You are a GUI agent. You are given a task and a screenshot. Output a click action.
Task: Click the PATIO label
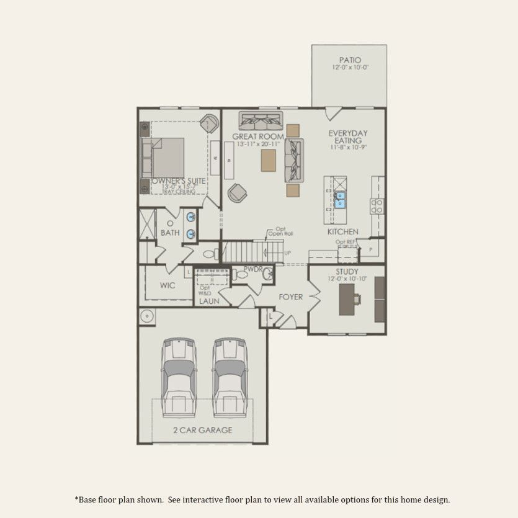coord(350,60)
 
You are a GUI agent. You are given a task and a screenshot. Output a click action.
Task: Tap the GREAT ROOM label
coord(258,136)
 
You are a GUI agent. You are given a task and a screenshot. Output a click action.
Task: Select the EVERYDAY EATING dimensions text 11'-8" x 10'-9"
coord(348,148)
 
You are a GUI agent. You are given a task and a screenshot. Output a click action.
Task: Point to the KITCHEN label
coord(343,232)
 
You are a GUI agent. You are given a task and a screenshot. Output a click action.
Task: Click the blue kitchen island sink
coord(340,199)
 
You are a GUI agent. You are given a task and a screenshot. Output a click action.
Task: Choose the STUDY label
coord(347,272)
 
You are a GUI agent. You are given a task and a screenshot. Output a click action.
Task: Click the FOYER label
coord(290,297)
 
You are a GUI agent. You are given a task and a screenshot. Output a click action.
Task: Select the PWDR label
coord(253,269)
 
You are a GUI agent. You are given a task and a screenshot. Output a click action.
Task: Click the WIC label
coord(167,286)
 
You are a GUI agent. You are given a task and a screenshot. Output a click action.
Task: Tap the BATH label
coord(170,233)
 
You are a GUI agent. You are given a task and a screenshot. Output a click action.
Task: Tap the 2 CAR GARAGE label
coord(203,430)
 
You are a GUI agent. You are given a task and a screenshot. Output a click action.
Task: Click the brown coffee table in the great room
coord(268,161)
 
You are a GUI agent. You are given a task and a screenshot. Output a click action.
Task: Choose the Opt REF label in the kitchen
coord(344,242)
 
